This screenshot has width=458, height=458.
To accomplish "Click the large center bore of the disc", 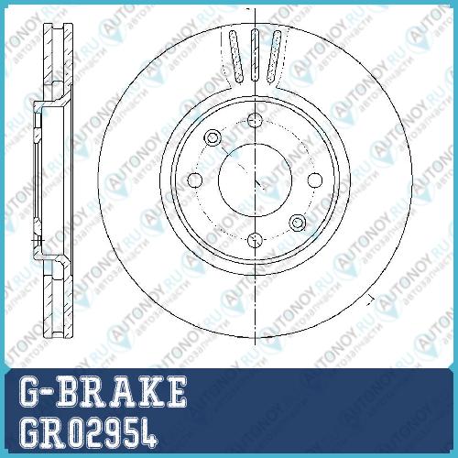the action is [x=255, y=180].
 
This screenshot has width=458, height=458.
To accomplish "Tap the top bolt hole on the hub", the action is [x=255, y=120].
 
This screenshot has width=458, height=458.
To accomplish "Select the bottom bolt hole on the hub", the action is [x=255, y=240].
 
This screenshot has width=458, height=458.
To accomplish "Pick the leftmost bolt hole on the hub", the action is [x=195, y=180].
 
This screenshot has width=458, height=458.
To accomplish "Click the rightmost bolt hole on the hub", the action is [x=315, y=180].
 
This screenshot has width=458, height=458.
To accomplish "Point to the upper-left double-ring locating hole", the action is [x=213, y=137].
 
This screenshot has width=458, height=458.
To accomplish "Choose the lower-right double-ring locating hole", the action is [x=298, y=223].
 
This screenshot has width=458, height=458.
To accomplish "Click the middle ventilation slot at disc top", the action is [x=255, y=55].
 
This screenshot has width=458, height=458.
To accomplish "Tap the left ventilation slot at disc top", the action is [x=236, y=57].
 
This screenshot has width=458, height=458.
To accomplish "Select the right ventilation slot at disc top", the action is [x=274, y=57].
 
